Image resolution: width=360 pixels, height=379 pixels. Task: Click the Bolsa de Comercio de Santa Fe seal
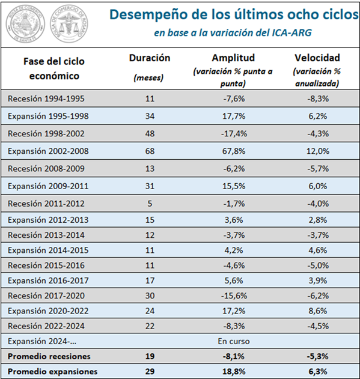tap(25, 24)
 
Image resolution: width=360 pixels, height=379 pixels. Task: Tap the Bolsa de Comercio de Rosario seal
tap(69, 24)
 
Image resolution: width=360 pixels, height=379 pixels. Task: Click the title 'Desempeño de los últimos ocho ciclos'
tap(234, 14)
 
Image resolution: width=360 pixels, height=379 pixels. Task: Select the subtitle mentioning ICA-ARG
tap(233, 33)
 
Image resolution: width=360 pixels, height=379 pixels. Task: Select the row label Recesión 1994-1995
tap(46, 99)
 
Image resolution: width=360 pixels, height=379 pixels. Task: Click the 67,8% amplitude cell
tap(234, 151)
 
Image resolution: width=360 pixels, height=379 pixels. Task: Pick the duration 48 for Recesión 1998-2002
tap(150, 134)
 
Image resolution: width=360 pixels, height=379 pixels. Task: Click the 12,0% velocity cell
tap(318, 151)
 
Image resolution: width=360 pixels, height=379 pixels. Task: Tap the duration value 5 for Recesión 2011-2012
tap(150, 204)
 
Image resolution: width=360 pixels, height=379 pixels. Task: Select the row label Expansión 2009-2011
tap(48, 186)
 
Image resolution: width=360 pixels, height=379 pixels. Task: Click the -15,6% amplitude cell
tap(234, 296)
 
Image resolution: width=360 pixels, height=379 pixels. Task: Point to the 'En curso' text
tap(233, 341)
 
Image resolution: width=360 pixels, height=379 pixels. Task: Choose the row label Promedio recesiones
tap(49, 356)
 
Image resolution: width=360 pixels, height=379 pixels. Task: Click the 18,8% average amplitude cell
tap(234, 372)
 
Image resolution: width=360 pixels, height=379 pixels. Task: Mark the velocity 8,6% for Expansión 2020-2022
tap(318, 311)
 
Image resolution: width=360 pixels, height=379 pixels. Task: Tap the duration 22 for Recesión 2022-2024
tap(150, 326)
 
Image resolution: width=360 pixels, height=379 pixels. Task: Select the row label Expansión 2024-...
tap(42, 341)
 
